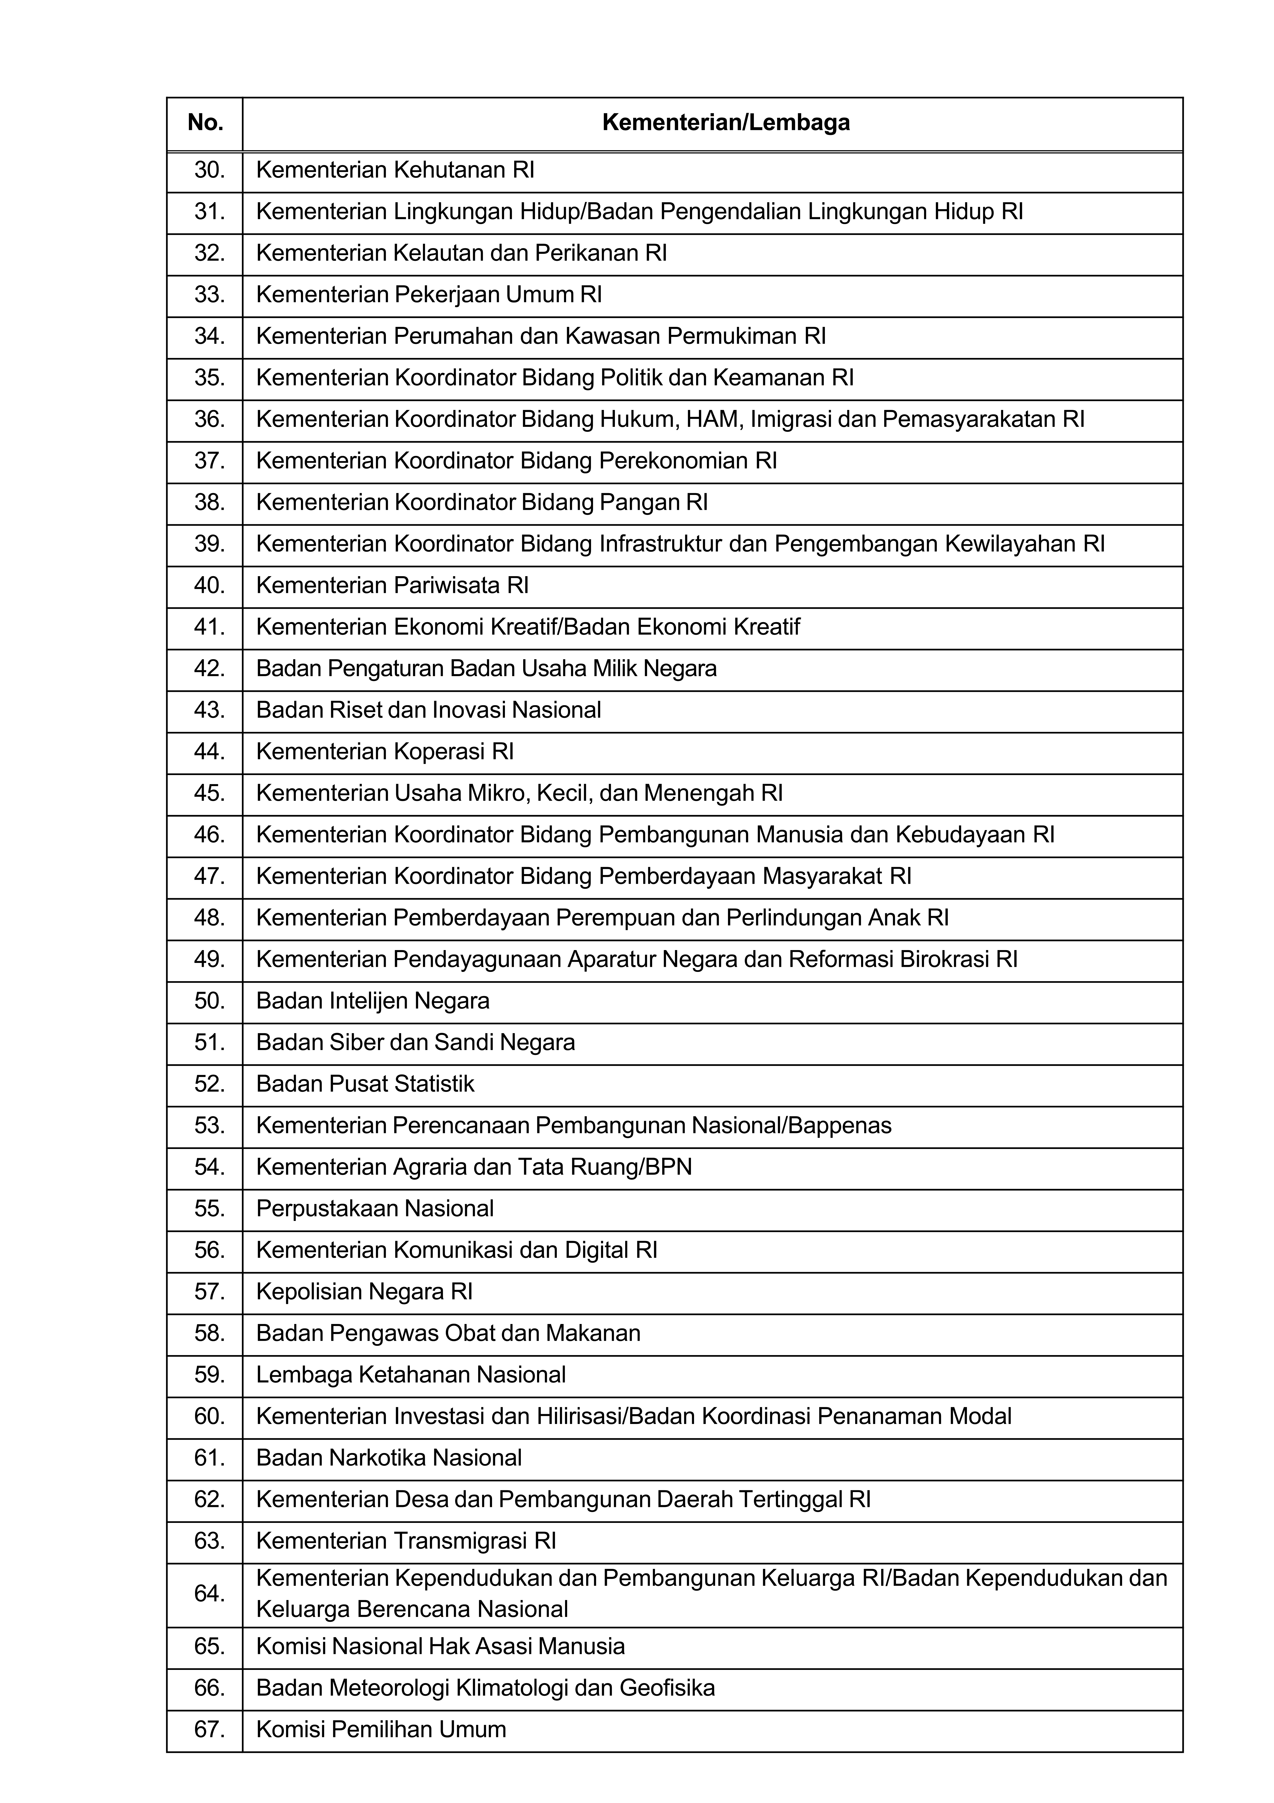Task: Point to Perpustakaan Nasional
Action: pyautogui.click(x=374, y=1209)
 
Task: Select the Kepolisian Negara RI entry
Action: pyautogui.click(x=364, y=1292)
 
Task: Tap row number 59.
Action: pyautogui.click(x=209, y=1375)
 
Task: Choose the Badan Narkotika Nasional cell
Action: pyautogui.click(x=389, y=1458)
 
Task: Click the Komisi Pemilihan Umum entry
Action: pyautogui.click(x=381, y=1729)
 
